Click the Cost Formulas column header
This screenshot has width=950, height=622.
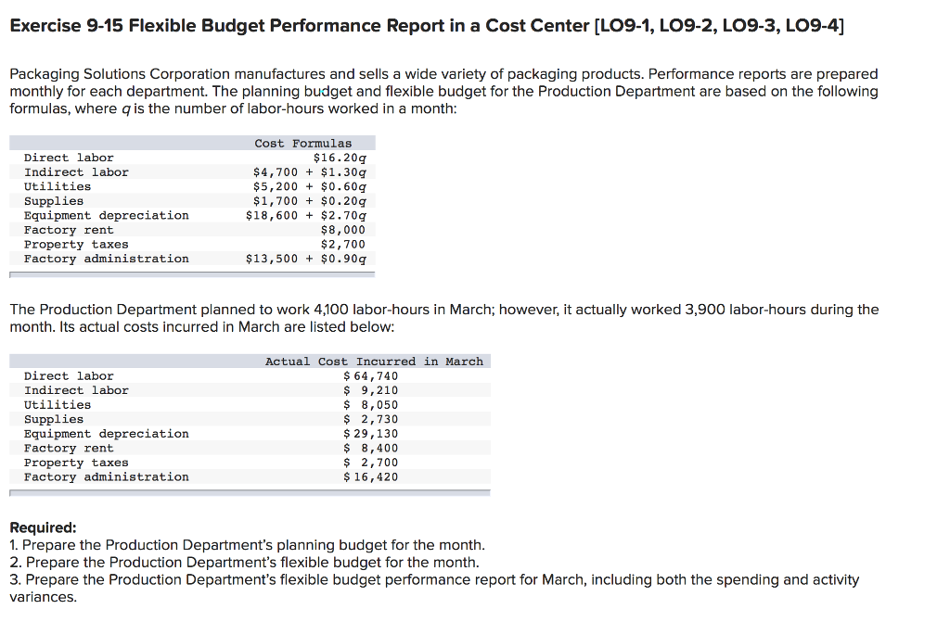302,143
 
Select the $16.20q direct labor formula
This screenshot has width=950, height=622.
340,158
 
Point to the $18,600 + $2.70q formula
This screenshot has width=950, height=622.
305,215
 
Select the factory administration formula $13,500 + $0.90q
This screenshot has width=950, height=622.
305,259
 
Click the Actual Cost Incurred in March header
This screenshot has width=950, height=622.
374,361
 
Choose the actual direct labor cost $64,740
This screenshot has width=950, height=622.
370,375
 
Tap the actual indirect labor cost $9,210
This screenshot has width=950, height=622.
370,390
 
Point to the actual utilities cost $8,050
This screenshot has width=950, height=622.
370,404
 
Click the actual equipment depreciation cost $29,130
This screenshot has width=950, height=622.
370,433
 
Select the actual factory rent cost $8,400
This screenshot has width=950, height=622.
370,448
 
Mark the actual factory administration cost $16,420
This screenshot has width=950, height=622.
370,476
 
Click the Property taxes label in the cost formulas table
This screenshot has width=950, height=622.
76,244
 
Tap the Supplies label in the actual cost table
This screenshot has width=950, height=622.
53,419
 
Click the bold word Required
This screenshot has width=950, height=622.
43,527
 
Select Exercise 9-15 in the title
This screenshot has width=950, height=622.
66,24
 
